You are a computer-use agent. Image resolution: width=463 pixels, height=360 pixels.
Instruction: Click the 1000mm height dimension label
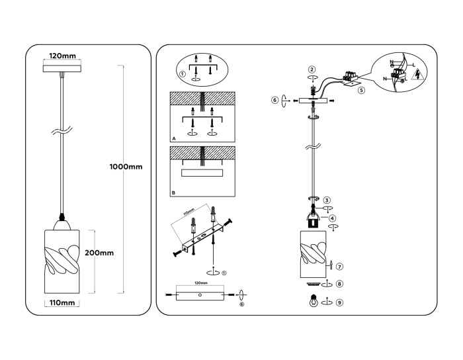[126, 166]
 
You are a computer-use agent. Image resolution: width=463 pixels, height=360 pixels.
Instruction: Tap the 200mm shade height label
[99, 253]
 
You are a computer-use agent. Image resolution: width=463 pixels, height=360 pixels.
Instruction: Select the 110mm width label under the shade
[62, 303]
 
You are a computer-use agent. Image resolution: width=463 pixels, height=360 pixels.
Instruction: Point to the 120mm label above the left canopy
[62, 56]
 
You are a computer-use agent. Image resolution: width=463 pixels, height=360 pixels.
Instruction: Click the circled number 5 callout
[361, 91]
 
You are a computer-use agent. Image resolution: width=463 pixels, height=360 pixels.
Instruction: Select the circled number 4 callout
[332, 218]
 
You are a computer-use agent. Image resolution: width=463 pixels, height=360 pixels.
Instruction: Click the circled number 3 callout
[327, 200]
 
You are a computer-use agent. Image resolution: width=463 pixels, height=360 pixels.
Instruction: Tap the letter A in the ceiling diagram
[173, 140]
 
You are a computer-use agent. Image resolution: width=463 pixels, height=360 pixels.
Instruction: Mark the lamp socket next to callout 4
[314, 220]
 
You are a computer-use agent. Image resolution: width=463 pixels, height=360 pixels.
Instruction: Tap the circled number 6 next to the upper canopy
[275, 101]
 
